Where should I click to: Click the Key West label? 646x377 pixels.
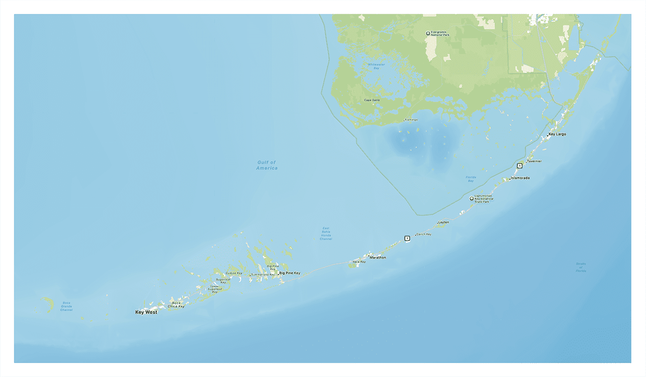click(x=146, y=312)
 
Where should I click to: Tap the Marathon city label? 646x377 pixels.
click(x=378, y=257)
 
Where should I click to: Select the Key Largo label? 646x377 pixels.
click(x=557, y=134)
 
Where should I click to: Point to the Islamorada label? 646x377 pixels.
click(x=520, y=178)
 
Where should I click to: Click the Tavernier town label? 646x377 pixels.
click(x=534, y=161)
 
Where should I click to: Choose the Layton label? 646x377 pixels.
click(x=444, y=222)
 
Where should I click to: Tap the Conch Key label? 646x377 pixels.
click(x=424, y=234)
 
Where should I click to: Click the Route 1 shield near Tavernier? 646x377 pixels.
click(x=519, y=165)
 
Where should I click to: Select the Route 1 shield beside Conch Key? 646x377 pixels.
click(x=407, y=238)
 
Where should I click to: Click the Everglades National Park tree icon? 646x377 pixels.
click(x=428, y=33)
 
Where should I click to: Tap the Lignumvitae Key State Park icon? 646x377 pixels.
click(x=471, y=199)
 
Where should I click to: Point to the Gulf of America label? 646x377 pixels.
click(x=267, y=165)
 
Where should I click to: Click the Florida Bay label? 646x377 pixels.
click(x=471, y=179)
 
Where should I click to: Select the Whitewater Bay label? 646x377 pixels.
click(x=376, y=66)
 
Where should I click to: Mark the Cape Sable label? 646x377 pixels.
click(x=372, y=100)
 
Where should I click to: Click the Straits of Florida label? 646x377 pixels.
click(x=581, y=267)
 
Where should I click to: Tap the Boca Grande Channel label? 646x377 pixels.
click(x=66, y=306)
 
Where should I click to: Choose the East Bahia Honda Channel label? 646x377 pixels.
click(x=326, y=233)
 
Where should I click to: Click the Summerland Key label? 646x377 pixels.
click(x=263, y=274)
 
